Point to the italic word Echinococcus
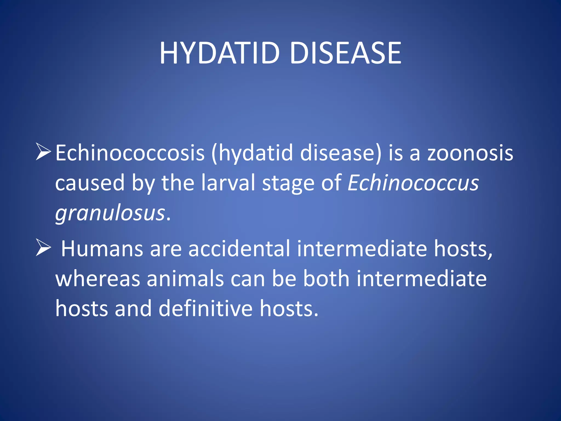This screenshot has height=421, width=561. [413, 183]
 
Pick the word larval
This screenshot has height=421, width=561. [228, 183]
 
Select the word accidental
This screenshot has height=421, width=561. [239, 249]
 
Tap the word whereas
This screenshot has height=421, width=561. [98, 279]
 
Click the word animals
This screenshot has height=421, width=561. [185, 278]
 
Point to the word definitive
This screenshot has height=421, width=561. [205, 308]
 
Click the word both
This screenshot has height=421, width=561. [326, 278]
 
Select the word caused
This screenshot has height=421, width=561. [90, 183]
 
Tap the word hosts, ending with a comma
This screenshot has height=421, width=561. [463, 249]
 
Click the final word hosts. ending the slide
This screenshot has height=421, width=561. [289, 308]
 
